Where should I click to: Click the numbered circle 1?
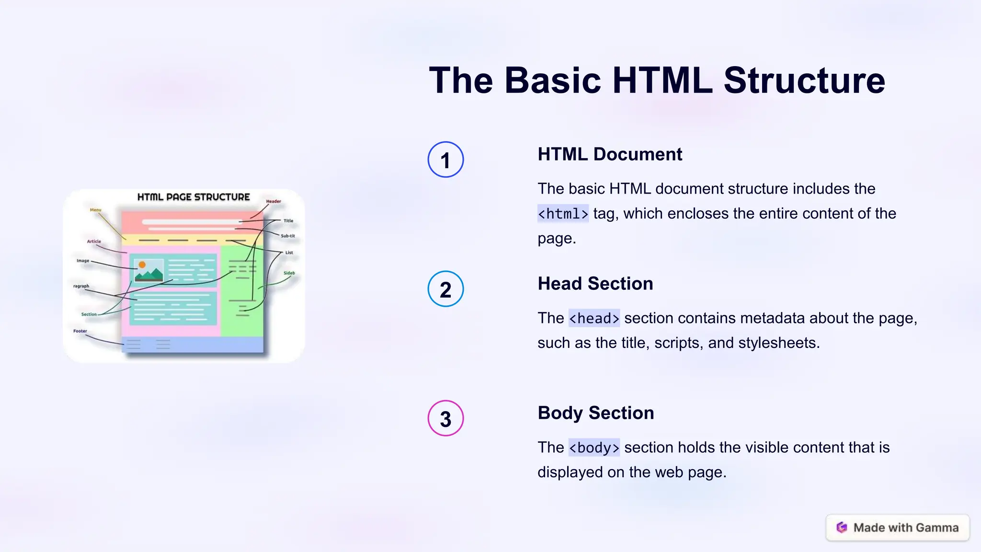pyautogui.click(x=445, y=160)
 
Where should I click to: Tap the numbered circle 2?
pyautogui.click(x=445, y=289)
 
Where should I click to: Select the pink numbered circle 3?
pyautogui.click(x=445, y=418)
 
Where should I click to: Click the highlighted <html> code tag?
pyautogui.click(x=563, y=214)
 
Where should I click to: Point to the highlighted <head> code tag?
pyautogui.click(x=594, y=318)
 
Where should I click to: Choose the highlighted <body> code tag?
pyautogui.click(x=594, y=448)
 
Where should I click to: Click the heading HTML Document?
pyautogui.click(x=610, y=154)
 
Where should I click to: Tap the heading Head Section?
pyautogui.click(x=595, y=284)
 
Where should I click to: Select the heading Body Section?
pyautogui.click(x=596, y=413)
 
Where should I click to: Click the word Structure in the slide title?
pyautogui.click(x=804, y=80)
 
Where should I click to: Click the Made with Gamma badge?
pyautogui.click(x=897, y=528)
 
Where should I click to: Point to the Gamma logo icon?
pyautogui.click(x=842, y=528)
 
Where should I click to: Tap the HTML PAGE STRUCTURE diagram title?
pyautogui.click(x=194, y=197)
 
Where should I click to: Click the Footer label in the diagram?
pyautogui.click(x=80, y=331)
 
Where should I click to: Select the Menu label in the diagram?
pyautogui.click(x=95, y=210)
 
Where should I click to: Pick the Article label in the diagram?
pyautogui.click(x=94, y=241)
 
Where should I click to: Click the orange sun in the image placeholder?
pyautogui.click(x=142, y=264)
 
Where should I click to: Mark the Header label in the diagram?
pyautogui.click(x=274, y=201)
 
